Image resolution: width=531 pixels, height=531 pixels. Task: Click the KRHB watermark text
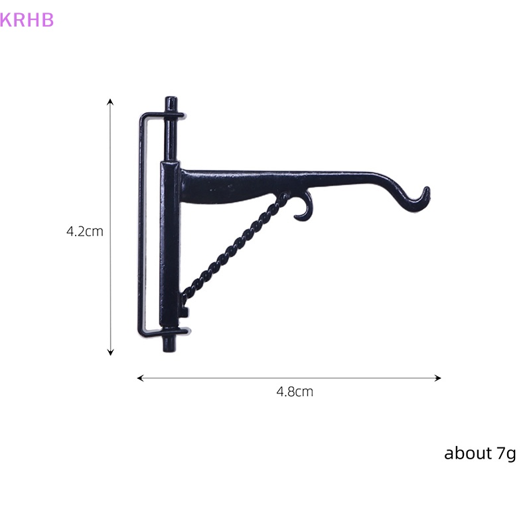click(27, 20)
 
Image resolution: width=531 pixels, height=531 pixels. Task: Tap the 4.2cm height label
click(85, 232)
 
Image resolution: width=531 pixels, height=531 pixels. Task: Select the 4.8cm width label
click(295, 392)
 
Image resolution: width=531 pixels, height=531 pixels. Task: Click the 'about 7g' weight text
click(480, 453)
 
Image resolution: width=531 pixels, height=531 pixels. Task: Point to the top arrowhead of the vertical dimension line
click(110, 101)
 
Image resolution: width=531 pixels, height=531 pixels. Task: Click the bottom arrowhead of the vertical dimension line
click(110, 353)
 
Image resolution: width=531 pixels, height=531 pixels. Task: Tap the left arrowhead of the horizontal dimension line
click(139, 378)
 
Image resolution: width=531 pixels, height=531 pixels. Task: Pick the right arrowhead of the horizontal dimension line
click(438, 378)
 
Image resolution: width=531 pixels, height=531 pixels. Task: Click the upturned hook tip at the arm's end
click(427, 190)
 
